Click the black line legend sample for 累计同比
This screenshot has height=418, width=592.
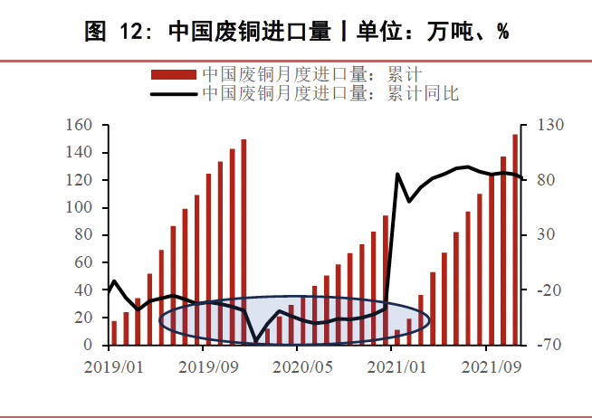[x=173, y=92]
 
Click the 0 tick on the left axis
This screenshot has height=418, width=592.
[x=87, y=346]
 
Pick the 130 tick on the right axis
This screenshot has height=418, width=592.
[x=552, y=125]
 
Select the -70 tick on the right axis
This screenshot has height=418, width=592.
[x=552, y=346]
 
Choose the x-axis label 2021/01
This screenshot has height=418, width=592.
[x=394, y=367]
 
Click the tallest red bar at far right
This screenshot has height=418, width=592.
[x=515, y=240]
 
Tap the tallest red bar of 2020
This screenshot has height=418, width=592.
[x=385, y=280]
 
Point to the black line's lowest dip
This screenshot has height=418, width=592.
[x=255, y=341]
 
